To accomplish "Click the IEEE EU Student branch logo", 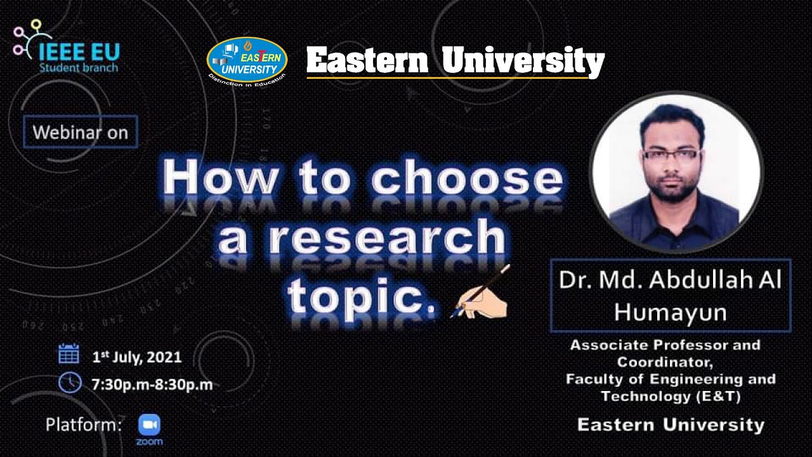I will tap(66, 49).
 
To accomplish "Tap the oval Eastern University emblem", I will tap(247, 60).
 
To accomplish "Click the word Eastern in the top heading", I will tap(367, 61).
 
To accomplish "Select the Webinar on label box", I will tap(80, 132).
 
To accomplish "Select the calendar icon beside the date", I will tap(69, 354).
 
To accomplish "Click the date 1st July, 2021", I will tap(137, 357).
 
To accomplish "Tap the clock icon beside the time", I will tap(69, 382).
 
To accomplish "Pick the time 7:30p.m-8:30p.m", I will tap(152, 384).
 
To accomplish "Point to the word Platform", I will tap(83, 425).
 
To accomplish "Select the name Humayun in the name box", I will tap(670, 312).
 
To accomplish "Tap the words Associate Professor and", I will tap(665, 345).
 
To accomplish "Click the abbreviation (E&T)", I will tap(718, 397).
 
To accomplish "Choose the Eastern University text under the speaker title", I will tap(671, 424).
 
